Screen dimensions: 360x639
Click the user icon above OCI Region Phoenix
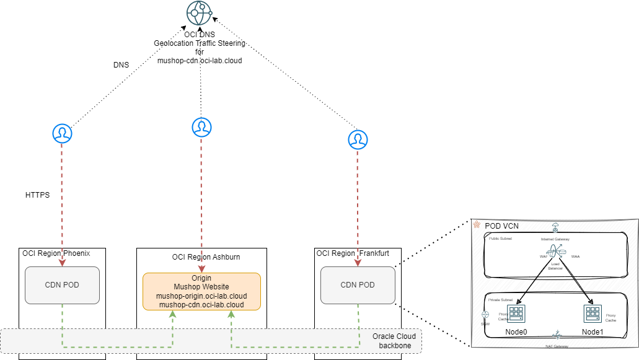click(x=61, y=133)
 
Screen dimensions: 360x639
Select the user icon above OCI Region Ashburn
click(x=201, y=127)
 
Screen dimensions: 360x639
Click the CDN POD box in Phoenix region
click(x=62, y=285)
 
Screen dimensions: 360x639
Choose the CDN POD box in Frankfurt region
click(x=358, y=285)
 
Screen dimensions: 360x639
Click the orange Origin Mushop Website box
click(x=201, y=291)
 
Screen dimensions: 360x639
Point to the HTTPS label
click(x=37, y=195)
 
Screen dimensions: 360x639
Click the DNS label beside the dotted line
click(x=121, y=64)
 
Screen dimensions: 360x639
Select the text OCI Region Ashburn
click(x=206, y=257)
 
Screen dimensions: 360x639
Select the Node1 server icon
click(x=592, y=314)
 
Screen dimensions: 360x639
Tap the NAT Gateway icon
click(x=557, y=335)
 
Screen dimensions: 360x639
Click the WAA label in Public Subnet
click(x=575, y=256)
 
